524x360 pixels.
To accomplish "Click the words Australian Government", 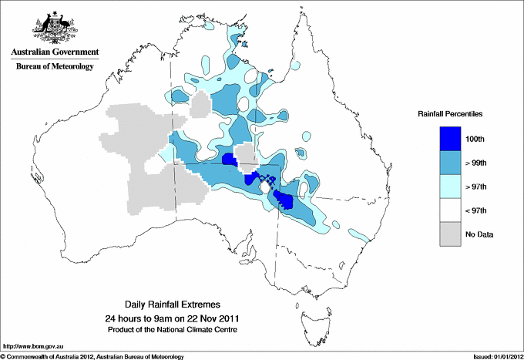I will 55,52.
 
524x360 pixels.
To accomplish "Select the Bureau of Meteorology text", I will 55,67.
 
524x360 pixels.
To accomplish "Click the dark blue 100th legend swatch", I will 451,138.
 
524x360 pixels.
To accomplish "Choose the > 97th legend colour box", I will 451,186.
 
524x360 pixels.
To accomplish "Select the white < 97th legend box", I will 451,210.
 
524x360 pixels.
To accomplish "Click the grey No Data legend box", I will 451,234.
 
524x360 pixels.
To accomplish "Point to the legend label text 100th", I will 485,139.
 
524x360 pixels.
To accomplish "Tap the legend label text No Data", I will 491,234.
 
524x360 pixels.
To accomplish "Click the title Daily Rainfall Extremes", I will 177,305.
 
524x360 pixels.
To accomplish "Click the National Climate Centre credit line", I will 177,329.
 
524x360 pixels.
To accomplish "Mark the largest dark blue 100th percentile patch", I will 284,201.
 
